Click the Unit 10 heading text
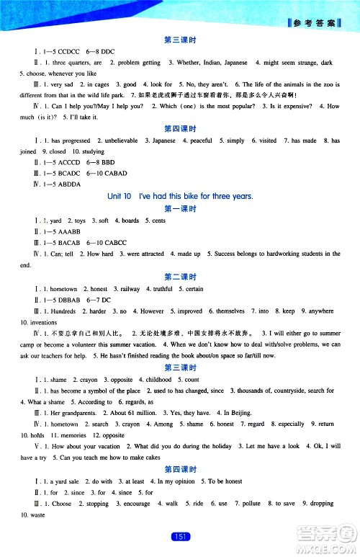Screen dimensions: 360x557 tap(181, 197)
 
